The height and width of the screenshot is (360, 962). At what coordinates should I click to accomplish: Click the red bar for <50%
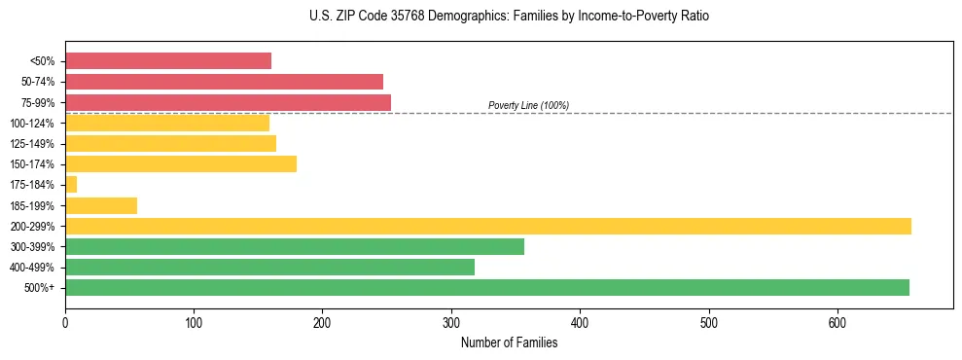167,61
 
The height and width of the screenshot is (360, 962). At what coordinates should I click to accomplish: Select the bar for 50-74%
224,82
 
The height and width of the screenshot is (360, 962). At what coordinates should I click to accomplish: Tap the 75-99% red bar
228,102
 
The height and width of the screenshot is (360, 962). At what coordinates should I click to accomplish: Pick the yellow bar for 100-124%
166,123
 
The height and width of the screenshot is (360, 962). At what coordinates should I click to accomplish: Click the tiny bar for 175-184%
71,184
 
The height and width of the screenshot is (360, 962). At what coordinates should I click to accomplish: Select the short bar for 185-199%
101,205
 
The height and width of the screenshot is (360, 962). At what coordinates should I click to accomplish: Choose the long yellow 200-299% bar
487,226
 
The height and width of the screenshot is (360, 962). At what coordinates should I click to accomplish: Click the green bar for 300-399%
294,246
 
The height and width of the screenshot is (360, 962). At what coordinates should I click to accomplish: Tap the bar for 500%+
486,287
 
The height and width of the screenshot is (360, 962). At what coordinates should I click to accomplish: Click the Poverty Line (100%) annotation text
528,105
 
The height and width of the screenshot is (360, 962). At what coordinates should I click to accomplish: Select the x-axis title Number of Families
509,342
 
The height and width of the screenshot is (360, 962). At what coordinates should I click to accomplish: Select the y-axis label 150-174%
32,164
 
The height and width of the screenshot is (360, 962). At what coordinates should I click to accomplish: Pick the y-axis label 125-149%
32,144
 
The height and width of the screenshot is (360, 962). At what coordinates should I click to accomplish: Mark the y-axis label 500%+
40,288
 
